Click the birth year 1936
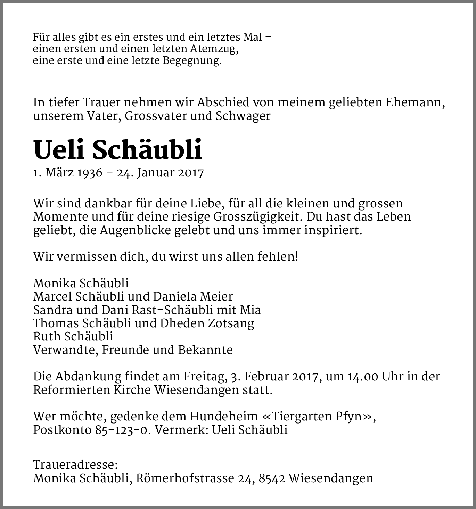[90, 173]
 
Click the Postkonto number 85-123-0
[122, 430]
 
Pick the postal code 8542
[272, 478]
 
